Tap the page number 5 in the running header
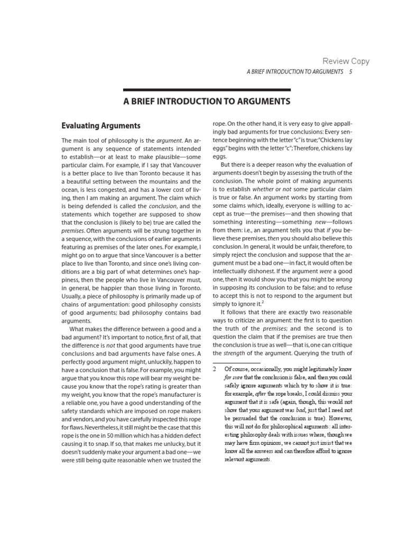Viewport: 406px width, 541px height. (351, 71)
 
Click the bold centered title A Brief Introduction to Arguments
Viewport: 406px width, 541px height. (207, 101)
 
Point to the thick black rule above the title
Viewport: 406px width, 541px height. (207, 89)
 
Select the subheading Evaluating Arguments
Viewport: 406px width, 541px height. (101, 126)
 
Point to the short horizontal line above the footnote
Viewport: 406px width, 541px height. (233, 362)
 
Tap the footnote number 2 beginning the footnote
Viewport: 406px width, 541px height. (215, 369)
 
